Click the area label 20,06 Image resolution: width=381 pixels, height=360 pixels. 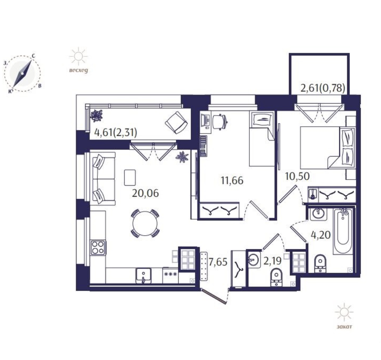(145, 193)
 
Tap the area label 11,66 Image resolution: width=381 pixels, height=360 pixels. (232, 181)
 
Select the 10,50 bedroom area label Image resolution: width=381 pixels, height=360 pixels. (297, 176)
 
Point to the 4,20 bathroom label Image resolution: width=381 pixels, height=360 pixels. (321, 235)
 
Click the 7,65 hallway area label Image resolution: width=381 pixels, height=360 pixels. (218, 262)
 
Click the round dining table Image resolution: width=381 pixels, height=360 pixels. (145, 223)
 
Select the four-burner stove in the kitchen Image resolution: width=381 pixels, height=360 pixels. (98, 248)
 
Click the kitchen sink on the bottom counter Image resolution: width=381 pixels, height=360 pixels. (143, 276)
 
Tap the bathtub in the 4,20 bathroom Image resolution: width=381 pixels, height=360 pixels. (343, 231)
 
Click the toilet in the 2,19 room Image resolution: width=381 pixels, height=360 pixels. (276, 278)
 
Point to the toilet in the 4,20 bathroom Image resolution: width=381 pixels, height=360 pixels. (320, 263)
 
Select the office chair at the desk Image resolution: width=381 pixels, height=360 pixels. (220, 121)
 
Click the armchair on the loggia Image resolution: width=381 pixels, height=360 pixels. (177, 123)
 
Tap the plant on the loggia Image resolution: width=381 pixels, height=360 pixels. (97, 115)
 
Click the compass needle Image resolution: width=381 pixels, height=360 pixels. (22, 74)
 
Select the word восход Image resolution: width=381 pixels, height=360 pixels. (78, 71)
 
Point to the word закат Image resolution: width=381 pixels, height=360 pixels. (344, 327)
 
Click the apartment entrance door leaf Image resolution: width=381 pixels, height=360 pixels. (214, 296)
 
